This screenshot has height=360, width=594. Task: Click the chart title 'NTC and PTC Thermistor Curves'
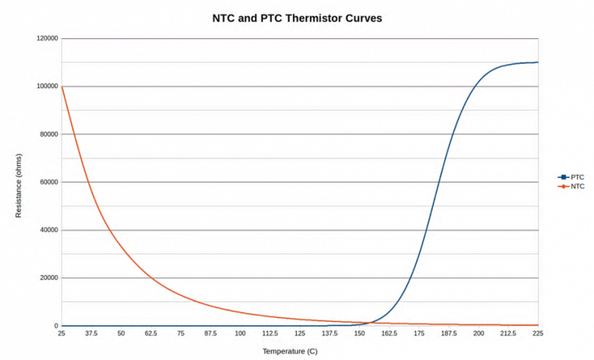(297, 17)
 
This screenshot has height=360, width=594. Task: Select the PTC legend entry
(577, 177)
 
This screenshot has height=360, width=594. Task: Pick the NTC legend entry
(577, 187)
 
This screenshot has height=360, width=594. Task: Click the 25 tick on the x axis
(61, 335)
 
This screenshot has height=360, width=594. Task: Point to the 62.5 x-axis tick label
(151, 335)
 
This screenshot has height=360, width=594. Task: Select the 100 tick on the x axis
(240, 335)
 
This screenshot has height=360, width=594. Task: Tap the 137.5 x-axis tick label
(330, 335)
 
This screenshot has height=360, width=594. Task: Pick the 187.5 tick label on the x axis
(449, 335)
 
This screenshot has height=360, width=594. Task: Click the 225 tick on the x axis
(538, 335)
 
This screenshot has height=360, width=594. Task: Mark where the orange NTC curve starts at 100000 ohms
(62, 86)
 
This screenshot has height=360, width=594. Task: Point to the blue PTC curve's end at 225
(538, 62)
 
